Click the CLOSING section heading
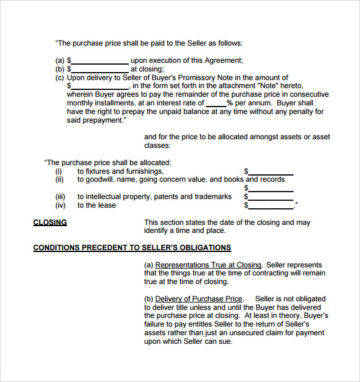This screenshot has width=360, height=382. (50, 222)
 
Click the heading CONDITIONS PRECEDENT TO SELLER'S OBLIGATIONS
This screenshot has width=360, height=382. (132, 248)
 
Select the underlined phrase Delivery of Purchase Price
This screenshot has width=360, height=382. (199, 299)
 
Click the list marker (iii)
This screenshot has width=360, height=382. (60, 197)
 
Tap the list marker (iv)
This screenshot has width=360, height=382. (60, 206)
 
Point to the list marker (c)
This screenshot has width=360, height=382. (60, 78)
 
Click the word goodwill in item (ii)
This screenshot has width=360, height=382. (100, 180)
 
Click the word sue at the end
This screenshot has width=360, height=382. (225, 341)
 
